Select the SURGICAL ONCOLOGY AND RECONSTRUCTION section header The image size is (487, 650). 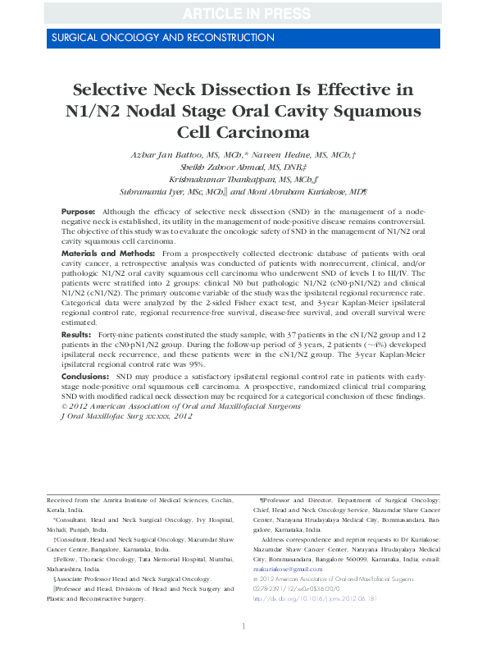162,38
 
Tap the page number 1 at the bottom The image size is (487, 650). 243,627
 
